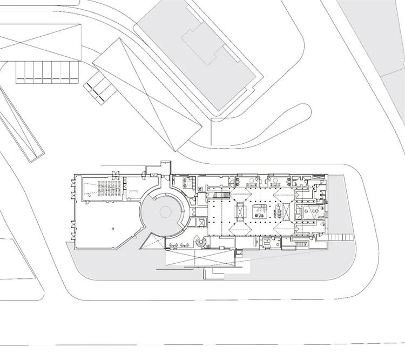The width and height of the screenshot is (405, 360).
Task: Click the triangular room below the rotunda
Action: click(x=150, y=241)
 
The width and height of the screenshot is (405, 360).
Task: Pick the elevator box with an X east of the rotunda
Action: click(x=201, y=222)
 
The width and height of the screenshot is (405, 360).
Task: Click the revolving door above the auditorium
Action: click(x=115, y=173)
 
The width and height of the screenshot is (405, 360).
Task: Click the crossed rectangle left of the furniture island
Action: click(x=238, y=212)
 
